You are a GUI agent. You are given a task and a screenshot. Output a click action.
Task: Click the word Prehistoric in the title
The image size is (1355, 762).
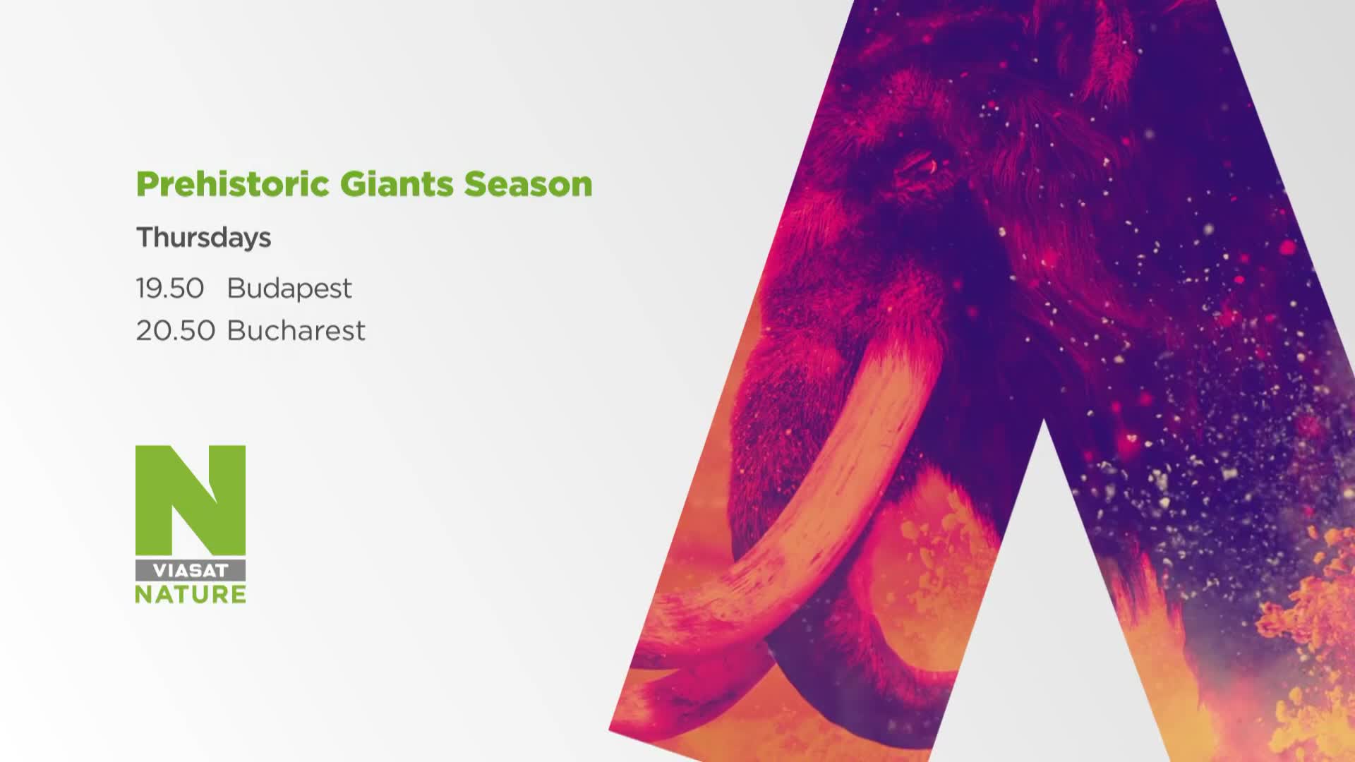(233, 185)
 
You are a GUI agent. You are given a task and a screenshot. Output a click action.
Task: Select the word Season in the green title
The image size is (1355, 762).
(528, 185)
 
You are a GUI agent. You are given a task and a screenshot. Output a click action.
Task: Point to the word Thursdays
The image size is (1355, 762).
(203, 238)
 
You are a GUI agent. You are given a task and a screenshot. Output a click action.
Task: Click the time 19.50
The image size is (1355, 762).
(170, 288)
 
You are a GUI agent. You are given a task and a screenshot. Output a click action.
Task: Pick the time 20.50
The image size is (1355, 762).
(176, 330)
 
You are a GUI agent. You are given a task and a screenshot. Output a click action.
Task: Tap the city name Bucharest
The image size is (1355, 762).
(296, 330)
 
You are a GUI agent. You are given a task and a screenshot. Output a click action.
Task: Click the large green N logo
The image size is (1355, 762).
(191, 500)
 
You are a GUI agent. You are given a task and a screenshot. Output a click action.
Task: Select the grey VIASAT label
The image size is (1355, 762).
(191, 570)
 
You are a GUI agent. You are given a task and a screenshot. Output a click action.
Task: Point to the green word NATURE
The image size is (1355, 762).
(191, 594)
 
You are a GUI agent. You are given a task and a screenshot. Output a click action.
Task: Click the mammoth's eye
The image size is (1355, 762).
(920, 167)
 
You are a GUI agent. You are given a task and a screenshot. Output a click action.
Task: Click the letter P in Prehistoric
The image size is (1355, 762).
(147, 185)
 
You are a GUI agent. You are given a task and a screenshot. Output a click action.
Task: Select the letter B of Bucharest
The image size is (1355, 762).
(236, 330)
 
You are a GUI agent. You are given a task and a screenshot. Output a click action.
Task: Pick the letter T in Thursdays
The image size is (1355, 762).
(145, 237)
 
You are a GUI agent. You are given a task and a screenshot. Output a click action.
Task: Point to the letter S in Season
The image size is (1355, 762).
(475, 185)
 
